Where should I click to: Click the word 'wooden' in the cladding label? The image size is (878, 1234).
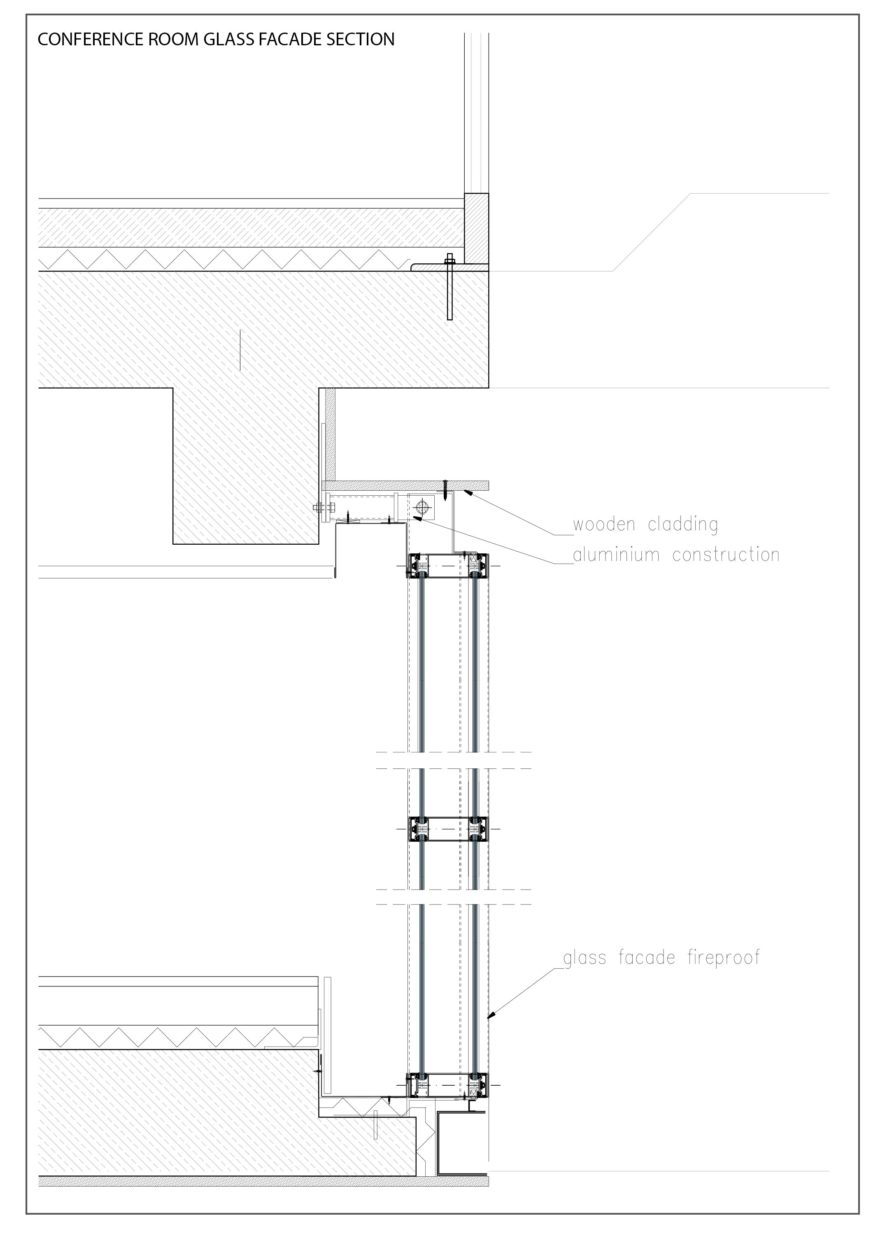point(604,525)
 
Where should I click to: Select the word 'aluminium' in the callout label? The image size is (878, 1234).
point(616,555)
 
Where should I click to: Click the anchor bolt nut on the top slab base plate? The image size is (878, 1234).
point(450,262)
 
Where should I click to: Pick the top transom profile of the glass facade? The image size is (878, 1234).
point(448,565)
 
